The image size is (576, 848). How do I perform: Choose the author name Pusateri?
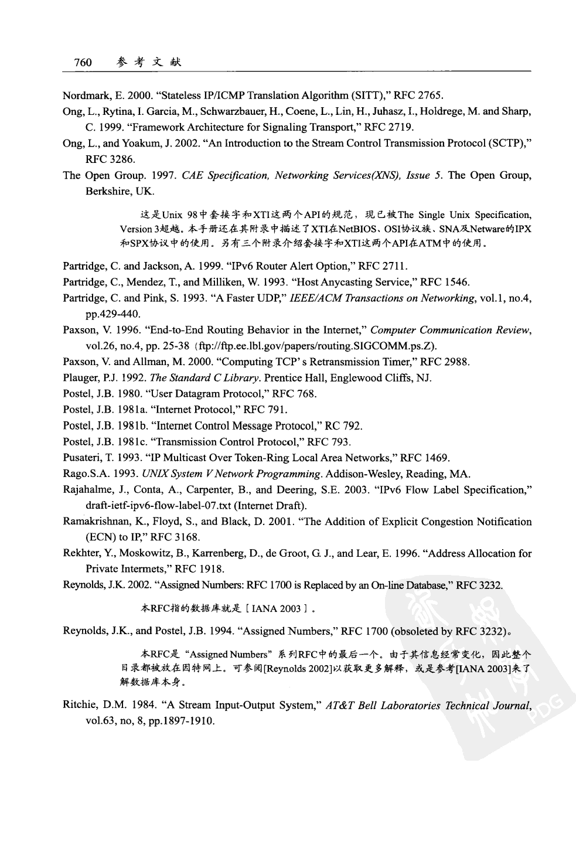coord(83,458)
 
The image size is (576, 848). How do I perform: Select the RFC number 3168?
coord(187,537)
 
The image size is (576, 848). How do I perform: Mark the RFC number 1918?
coord(213,569)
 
